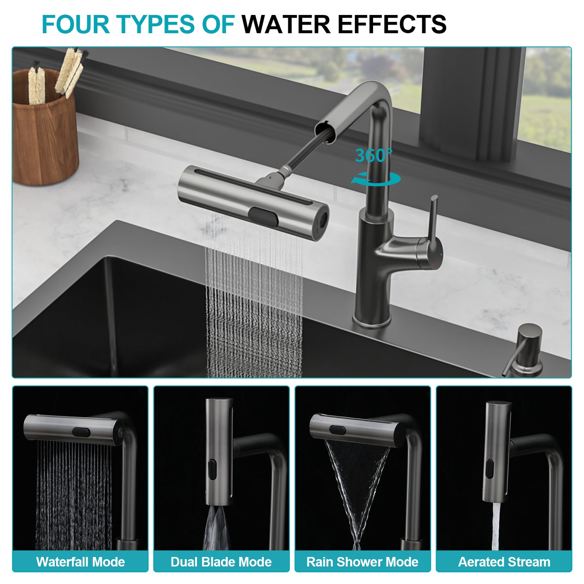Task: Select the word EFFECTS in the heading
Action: coord(392,24)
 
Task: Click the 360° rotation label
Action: coord(373,156)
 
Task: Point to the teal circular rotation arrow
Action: coord(376,179)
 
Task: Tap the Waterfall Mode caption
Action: coord(80,562)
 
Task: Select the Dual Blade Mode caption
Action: coord(221,562)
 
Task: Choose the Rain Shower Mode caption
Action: coord(363,562)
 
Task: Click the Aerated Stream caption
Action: coord(504,562)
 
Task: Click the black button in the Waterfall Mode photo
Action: coord(81,432)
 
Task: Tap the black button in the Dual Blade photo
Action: coord(212,470)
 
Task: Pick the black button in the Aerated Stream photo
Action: coord(489,469)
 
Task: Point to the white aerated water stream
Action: coord(496,525)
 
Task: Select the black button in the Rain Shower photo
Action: coord(337,430)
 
